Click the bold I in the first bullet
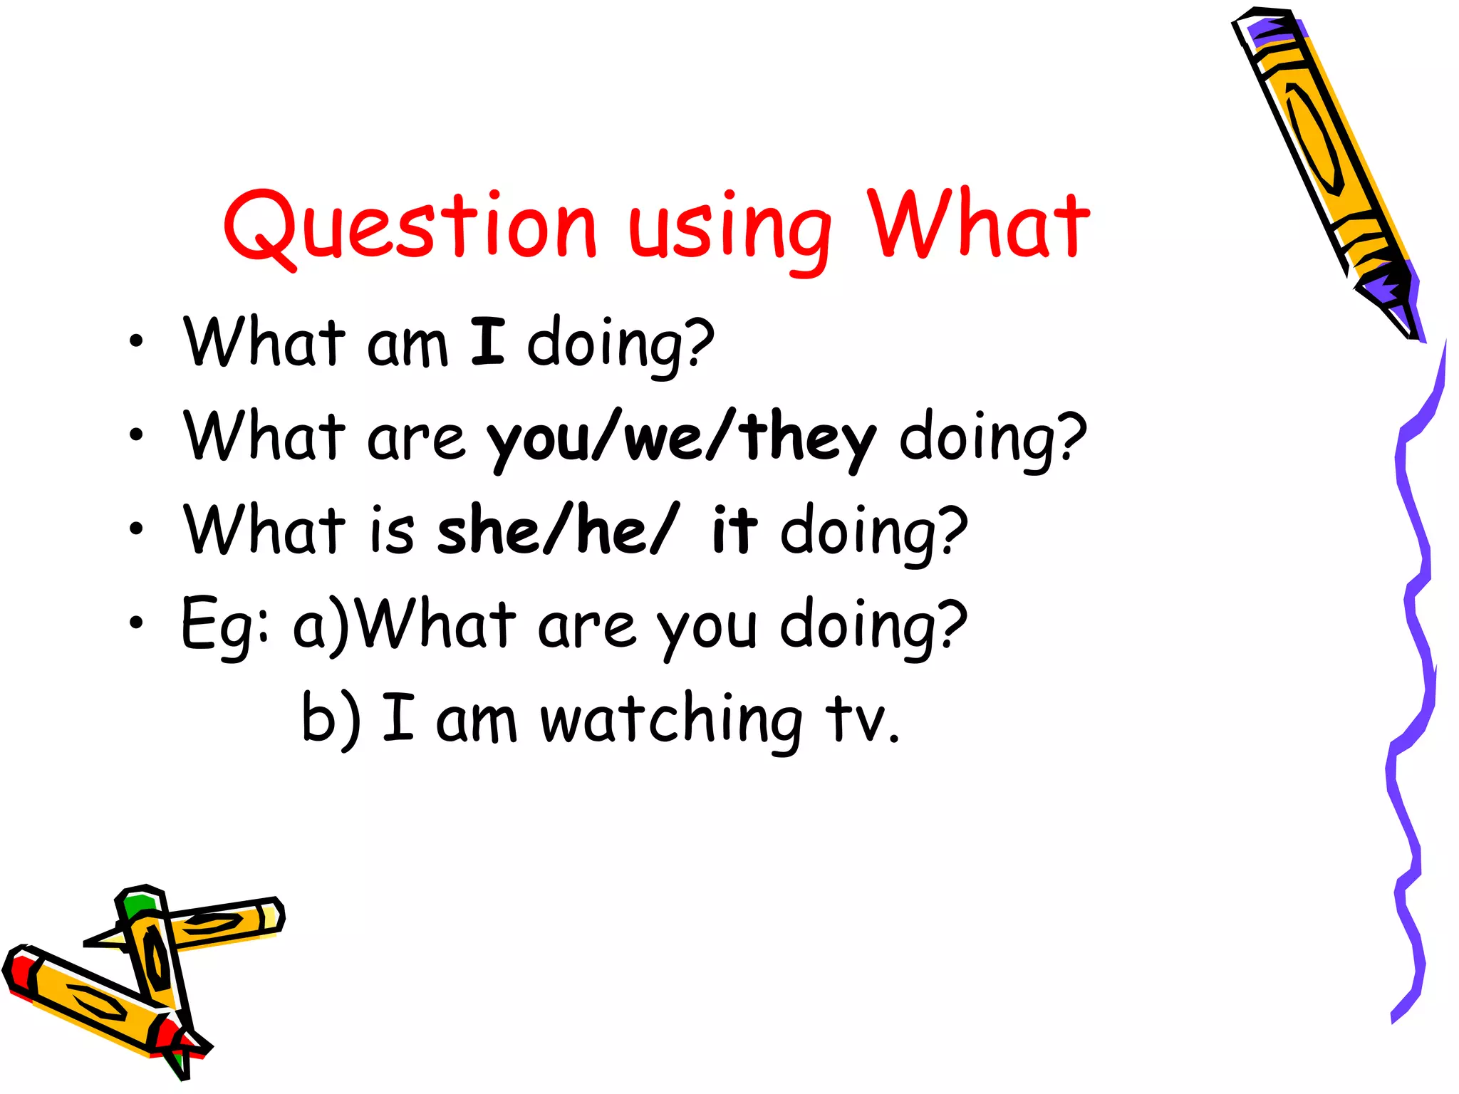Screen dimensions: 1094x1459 (488, 342)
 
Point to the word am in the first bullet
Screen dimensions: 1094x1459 (407, 347)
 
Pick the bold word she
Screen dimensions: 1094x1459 (488, 531)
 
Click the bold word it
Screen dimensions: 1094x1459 (734, 530)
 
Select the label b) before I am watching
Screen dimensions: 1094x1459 (331, 719)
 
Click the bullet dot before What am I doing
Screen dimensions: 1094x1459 (136, 341)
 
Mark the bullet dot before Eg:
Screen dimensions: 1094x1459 (136, 623)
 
